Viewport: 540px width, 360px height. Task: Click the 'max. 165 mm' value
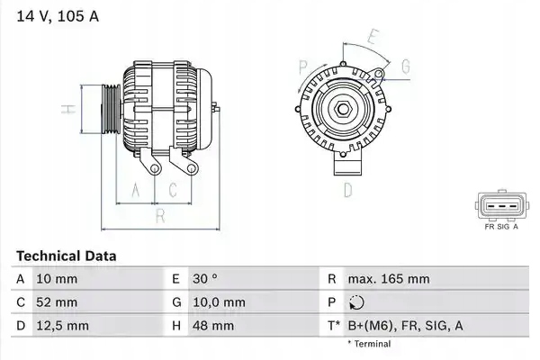[390, 279]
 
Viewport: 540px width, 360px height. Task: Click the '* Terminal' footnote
[370, 344]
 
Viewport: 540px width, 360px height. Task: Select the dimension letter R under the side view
[159, 216]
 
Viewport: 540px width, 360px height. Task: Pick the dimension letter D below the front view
[346, 190]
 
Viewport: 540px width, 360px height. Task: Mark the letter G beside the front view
[406, 67]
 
